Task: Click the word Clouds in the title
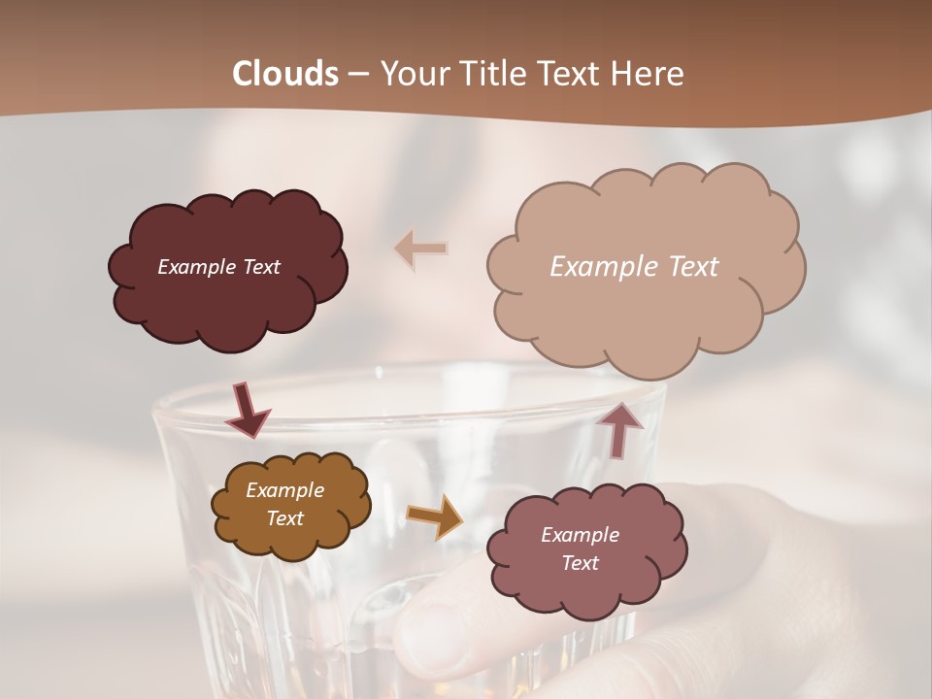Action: point(285,74)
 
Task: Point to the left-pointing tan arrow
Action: point(421,249)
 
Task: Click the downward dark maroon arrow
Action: point(247,411)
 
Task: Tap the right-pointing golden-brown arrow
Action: point(435,516)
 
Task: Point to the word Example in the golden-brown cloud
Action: point(284,490)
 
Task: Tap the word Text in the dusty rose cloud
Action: point(580,563)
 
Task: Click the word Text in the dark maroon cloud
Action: point(259,267)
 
